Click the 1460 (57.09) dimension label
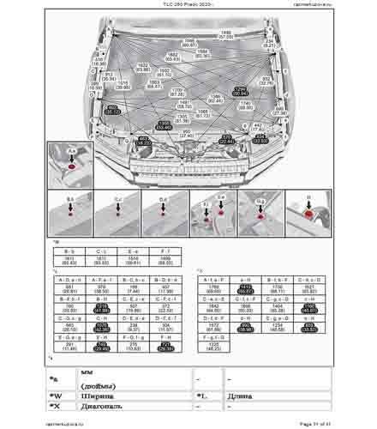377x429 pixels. [226, 35]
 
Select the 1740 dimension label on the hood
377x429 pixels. [246, 105]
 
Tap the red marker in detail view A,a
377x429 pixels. [72, 164]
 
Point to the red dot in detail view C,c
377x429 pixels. [117, 213]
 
